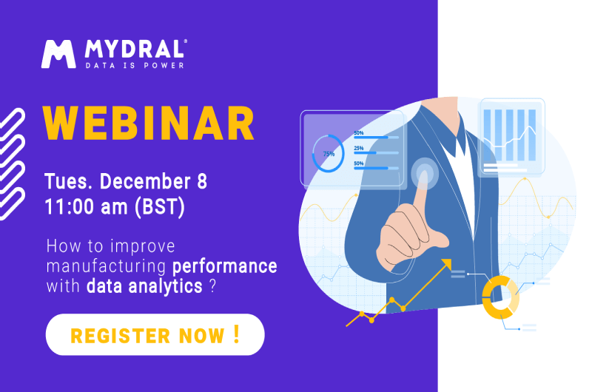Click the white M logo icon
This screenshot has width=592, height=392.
coord(58,54)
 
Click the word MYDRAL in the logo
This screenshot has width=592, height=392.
coord(135,50)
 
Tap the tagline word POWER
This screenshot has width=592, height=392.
coord(164,66)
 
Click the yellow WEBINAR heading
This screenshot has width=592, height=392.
coord(149,123)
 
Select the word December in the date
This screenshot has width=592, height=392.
coord(145,181)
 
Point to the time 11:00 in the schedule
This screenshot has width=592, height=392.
coord(70,207)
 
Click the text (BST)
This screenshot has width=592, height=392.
coord(160,208)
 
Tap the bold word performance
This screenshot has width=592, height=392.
coord(225,267)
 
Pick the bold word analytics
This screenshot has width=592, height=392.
coord(165,287)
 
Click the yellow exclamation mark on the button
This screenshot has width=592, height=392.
coord(237,334)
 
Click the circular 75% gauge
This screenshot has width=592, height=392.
coord(329,154)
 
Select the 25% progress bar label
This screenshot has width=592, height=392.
coord(359,148)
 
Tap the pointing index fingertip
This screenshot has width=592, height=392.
coord(423,177)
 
